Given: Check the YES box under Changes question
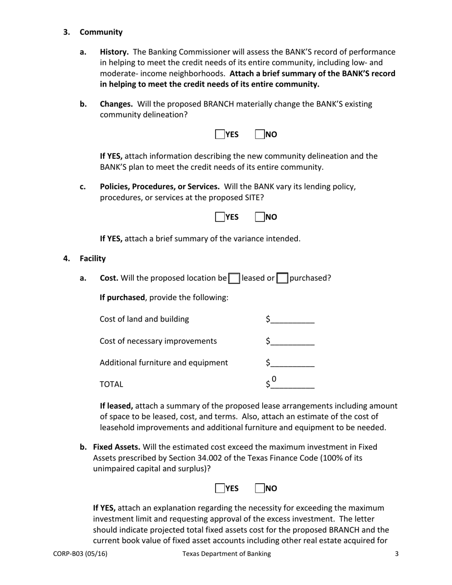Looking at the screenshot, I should point(220,135).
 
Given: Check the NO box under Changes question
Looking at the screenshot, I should point(260,135).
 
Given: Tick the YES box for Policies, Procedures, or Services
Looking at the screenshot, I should point(220,217).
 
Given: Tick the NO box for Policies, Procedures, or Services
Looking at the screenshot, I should point(260,217).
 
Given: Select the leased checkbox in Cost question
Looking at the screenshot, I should point(234,279).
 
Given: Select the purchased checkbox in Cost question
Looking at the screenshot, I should point(283,279).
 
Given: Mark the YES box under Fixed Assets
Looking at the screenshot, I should point(220,488).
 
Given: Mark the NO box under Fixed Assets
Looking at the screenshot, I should point(260,488).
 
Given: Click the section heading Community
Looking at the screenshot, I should point(101,32).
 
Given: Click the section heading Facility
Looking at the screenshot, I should point(93,259).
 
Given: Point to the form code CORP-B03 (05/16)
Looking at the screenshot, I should point(80,554).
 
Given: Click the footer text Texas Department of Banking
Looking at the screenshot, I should point(226,554).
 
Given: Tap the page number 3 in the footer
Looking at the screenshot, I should point(396,554).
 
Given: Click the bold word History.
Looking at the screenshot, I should point(114,52).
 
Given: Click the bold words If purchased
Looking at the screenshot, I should point(122,298).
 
